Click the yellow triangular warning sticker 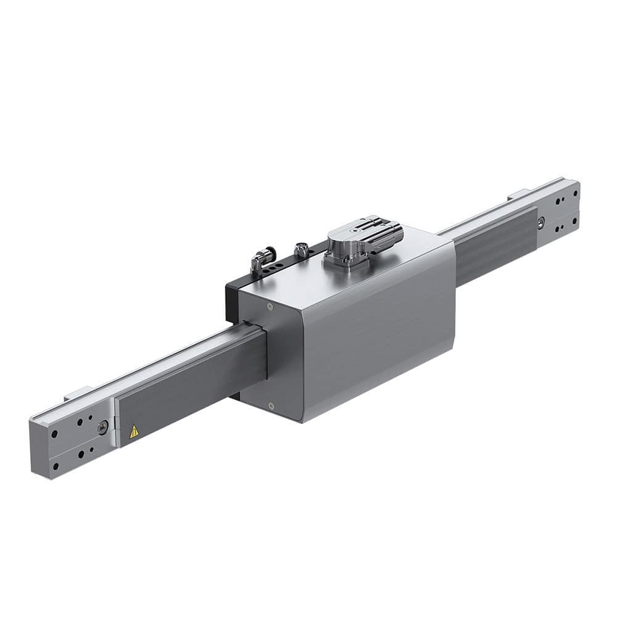click(134, 431)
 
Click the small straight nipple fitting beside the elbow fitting click(301, 250)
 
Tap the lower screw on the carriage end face click(271, 405)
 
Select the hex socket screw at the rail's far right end click(540, 223)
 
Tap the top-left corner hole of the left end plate click(54, 434)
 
